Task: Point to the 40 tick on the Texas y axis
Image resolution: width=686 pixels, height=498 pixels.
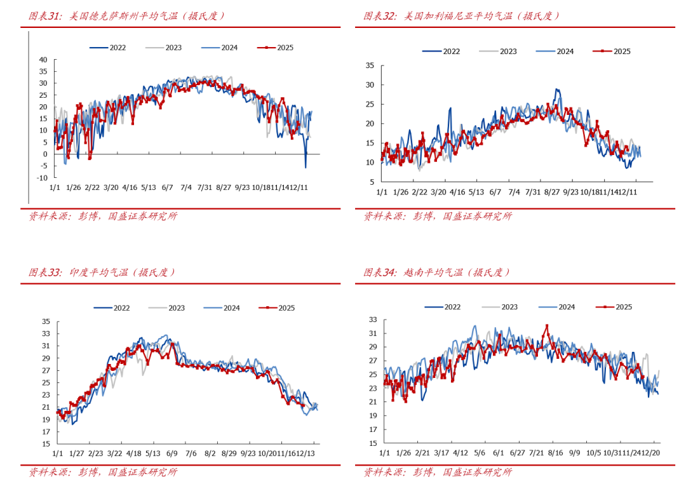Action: coord(43,60)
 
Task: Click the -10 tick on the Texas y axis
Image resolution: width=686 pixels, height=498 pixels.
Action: coord(42,178)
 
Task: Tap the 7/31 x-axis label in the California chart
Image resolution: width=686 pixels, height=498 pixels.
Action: coord(533,192)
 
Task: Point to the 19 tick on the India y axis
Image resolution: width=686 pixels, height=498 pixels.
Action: coord(46,420)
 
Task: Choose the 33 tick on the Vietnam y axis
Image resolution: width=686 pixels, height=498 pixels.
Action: coord(373,320)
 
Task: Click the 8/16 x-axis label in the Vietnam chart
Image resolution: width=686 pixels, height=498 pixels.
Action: coord(556,454)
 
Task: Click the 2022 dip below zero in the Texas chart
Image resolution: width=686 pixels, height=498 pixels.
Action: coord(306,167)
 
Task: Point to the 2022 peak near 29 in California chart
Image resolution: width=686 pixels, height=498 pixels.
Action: coord(557,90)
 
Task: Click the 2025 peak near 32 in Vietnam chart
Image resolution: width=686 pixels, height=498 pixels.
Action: coord(547,326)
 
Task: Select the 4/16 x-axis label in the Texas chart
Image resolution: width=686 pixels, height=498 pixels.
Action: coord(130,188)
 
